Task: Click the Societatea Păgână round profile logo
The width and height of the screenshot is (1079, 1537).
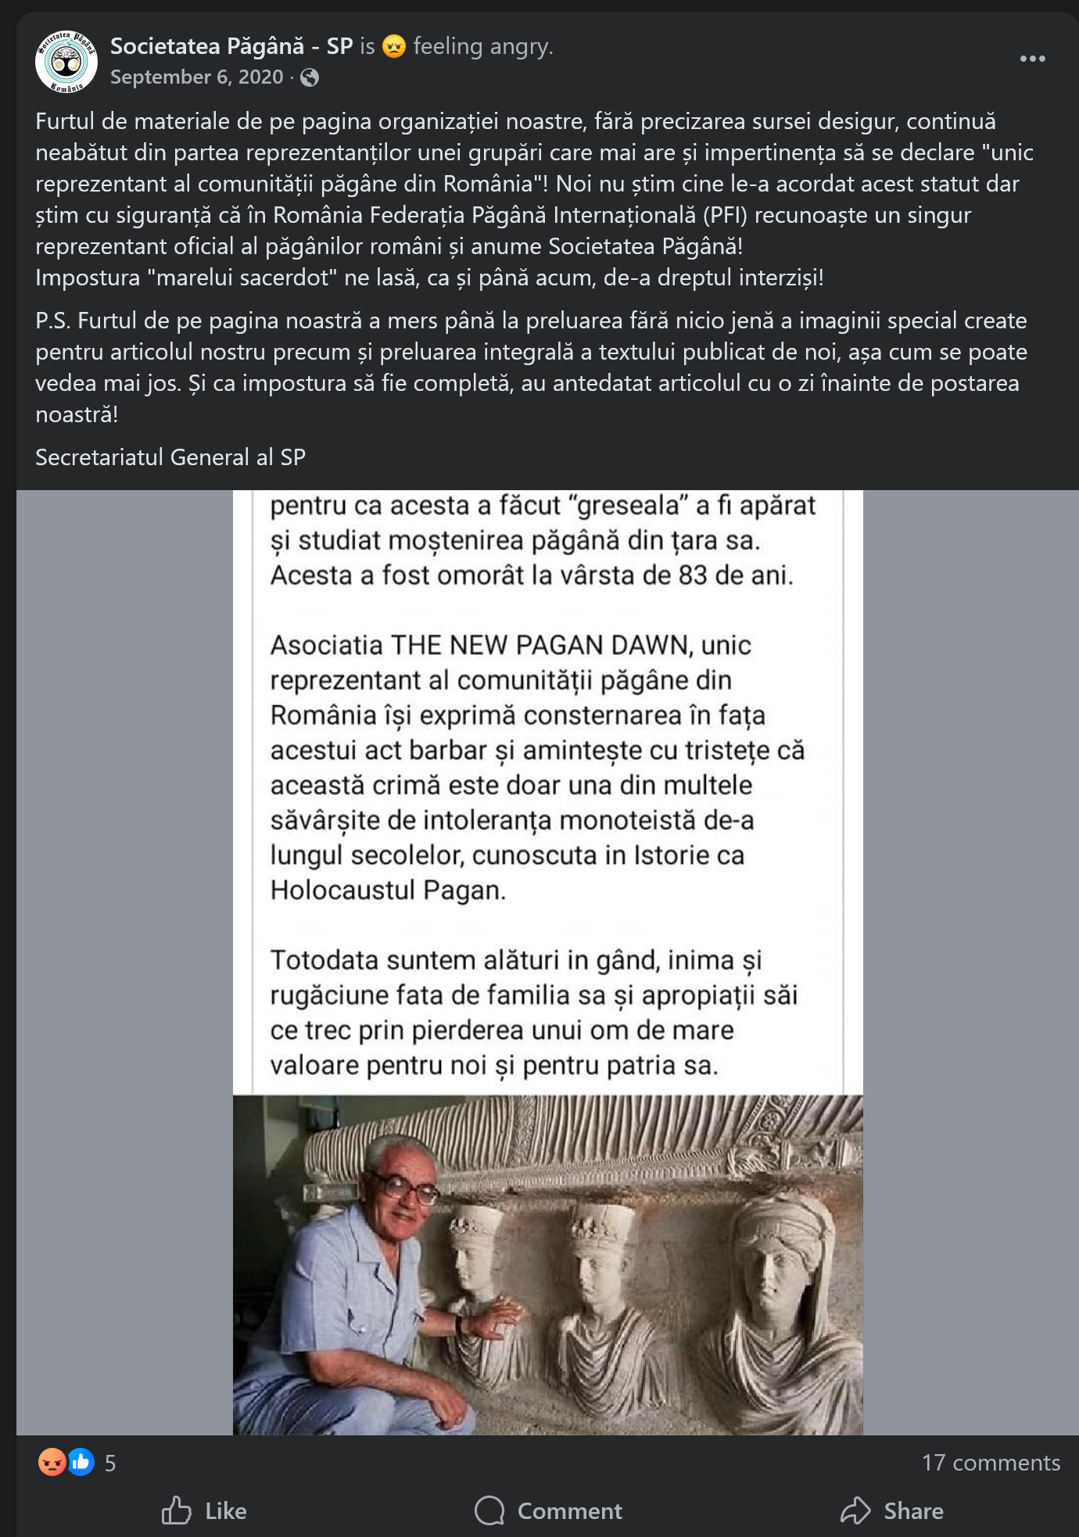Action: click(x=66, y=62)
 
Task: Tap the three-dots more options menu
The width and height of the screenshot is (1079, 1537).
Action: click(x=1032, y=59)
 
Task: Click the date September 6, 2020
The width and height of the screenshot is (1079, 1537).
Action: click(x=196, y=77)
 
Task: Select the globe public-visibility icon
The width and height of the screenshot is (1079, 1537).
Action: click(x=310, y=77)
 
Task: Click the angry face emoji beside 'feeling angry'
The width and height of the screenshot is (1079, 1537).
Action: click(x=394, y=47)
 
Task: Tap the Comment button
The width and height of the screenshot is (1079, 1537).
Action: click(x=549, y=1510)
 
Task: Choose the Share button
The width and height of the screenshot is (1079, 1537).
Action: click(x=892, y=1510)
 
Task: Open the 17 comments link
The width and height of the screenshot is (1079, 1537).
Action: click(x=991, y=1463)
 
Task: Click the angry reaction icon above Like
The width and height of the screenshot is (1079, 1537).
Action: click(x=52, y=1462)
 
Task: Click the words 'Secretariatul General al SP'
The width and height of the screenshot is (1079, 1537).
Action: click(x=170, y=457)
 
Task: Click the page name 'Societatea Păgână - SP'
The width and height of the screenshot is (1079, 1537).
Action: click(x=231, y=46)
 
